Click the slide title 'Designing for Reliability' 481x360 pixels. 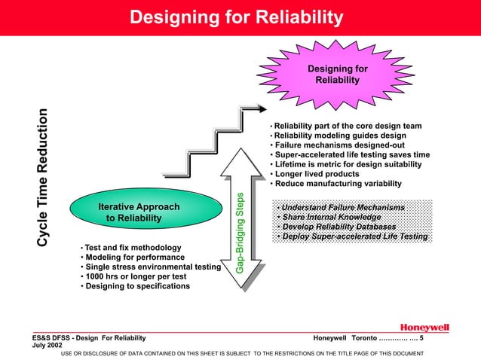pyautogui.click(x=236, y=17)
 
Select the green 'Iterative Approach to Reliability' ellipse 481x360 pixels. pyautogui.click(x=139, y=212)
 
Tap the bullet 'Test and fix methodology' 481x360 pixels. pyautogui.click(x=133, y=248)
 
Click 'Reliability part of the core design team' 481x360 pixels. pyautogui.click(x=348, y=126)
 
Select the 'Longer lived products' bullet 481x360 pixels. pyautogui.click(x=317, y=175)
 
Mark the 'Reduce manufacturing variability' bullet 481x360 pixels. pyautogui.click(x=339, y=185)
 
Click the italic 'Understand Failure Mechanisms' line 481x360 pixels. pyautogui.click(x=340, y=207)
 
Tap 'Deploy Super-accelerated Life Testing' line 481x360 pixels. pyautogui.click(x=352, y=237)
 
